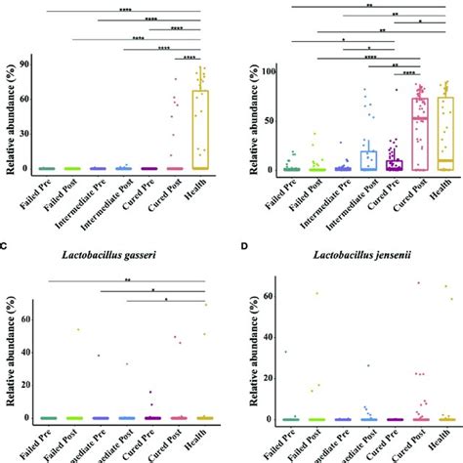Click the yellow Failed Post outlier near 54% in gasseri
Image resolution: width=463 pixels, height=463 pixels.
77,329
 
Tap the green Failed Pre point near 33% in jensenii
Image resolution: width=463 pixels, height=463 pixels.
285,352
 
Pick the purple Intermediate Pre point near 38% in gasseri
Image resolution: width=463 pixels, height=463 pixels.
99,356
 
